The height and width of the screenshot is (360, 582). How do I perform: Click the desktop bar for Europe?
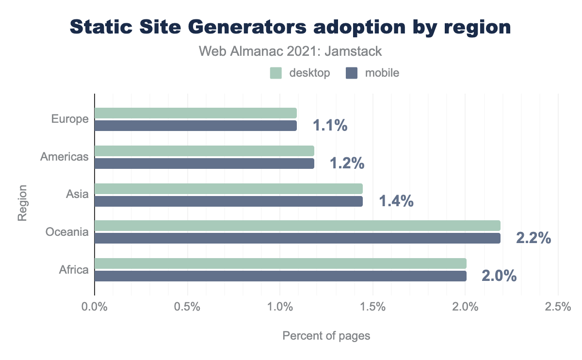(195, 113)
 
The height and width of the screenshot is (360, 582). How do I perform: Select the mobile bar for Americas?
(204, 164)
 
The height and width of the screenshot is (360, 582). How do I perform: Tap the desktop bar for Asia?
(228, 189)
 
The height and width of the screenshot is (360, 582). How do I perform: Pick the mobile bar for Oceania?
(297, 238)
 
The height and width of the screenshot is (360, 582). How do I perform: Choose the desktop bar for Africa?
(280, 263)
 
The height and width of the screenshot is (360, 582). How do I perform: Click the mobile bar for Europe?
(195, 126)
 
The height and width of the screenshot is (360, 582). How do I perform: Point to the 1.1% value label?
(330, 126)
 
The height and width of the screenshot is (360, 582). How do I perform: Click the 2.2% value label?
(533, 238)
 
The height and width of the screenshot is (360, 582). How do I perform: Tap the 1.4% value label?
(396, 201)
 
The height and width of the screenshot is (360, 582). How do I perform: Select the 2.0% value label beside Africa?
(499, 276)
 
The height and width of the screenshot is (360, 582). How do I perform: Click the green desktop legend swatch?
(276, 73)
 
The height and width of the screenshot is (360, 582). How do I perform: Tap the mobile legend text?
(382, 73)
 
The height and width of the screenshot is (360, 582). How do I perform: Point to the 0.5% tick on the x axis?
(187, 307)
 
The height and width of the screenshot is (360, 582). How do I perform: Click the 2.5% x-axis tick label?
(558, 307)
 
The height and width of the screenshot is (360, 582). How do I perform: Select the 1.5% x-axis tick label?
(372, 307)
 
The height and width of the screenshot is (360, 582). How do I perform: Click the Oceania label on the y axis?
(67, 232)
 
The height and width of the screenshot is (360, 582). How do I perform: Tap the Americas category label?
(65, 157)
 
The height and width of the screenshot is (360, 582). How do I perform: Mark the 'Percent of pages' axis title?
(326, 336)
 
